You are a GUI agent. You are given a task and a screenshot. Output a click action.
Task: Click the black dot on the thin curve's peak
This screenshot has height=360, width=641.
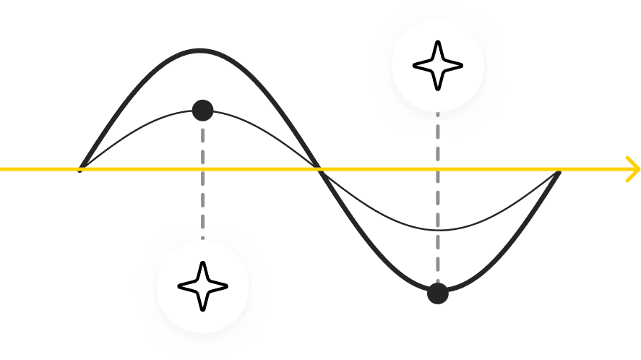tap(202, 111)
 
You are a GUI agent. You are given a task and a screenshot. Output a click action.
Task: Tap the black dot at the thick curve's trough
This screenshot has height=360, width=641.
tap(437, 293)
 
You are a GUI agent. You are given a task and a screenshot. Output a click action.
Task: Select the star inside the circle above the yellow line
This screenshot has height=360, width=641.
tap(436, 66)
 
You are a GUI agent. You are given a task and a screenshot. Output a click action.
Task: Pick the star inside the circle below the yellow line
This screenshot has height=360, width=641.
tap(202, 286)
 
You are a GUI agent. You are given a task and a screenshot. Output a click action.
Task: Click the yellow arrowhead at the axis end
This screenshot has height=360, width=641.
tap(633, 169)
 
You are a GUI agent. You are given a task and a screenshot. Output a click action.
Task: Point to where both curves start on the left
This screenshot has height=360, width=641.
tap(82, 168)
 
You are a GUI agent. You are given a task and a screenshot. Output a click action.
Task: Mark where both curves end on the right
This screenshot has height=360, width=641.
tap(559, 172)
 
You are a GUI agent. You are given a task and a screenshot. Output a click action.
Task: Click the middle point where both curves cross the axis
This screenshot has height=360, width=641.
tap(319, 169)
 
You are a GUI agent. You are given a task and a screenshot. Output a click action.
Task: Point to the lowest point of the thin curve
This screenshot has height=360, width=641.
tap(438, 231)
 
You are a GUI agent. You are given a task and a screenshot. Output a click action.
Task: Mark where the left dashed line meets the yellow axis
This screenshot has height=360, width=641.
tap(203, 169)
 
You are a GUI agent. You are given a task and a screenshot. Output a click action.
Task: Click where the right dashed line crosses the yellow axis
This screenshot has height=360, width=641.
tap(437, 169)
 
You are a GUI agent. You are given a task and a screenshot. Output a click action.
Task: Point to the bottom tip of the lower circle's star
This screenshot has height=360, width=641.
tap(202, 309)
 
